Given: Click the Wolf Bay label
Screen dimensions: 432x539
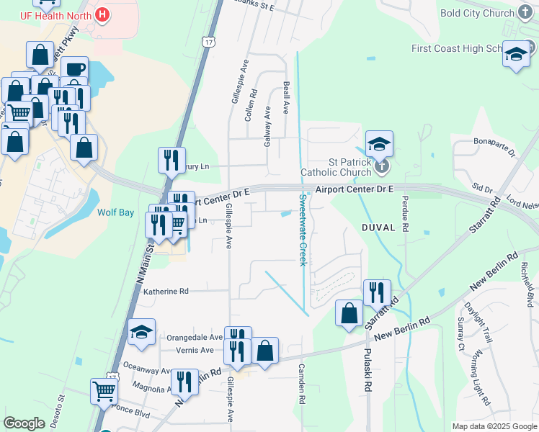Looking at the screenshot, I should pyautogui.click(x=116, y=212).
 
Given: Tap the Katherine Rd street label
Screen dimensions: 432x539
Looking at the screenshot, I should pyautogui.click(x=166, y=292).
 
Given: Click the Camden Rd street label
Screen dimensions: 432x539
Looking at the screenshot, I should pyautogui.click(x=302, y=383).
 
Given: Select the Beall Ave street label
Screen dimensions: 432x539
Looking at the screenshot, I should pyautogui.click(x=286, y=97).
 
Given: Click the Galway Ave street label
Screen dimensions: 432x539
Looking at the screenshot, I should pyautogui.click(x=267, y=127).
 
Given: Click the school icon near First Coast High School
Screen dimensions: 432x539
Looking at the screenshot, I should pyautogui.click(x=516, y=54).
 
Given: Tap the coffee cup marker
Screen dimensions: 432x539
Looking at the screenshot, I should pyautogui.click(x=74, y=69).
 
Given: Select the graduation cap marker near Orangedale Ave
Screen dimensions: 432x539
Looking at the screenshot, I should pyautogui.click(x=141, y=332).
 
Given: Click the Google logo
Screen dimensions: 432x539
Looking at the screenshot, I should pyautogui.click(x=24, y=423).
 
